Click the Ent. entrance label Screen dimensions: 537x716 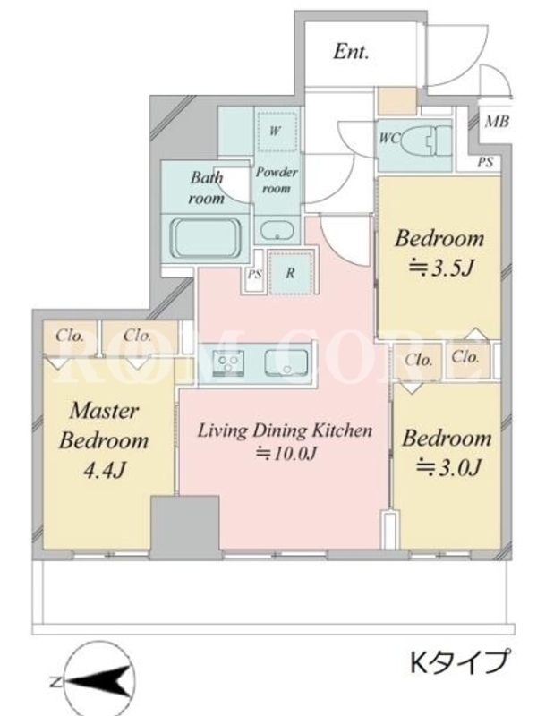350,51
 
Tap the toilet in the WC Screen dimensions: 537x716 428,139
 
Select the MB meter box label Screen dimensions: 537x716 497,121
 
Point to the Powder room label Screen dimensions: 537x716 277,180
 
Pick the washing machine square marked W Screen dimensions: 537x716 277,131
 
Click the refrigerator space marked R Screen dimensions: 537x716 290,273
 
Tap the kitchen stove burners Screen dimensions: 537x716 228,362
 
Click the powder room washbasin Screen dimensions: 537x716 277,231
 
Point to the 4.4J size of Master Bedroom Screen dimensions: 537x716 104,471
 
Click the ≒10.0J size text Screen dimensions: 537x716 286,454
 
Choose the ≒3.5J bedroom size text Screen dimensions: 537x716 439,268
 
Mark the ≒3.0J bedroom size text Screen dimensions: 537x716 448,467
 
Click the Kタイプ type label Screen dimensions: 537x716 458,662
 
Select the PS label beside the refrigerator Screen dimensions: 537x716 254,275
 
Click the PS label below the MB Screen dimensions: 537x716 485,162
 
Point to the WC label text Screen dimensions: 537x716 389,138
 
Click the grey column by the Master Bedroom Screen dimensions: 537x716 185,527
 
